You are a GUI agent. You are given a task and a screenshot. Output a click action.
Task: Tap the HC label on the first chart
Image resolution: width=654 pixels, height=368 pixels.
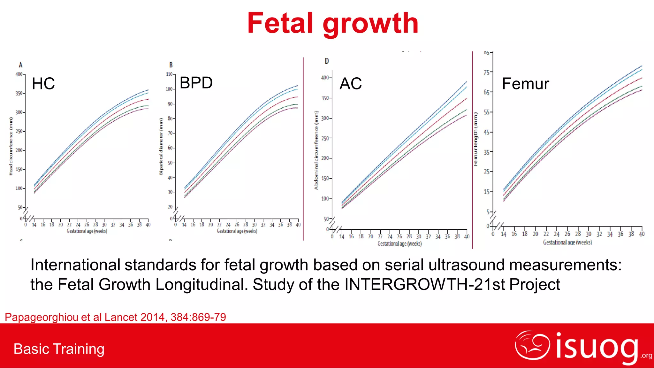(43, 84)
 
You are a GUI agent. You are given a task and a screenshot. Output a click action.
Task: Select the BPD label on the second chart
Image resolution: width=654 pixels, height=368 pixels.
(196, 83)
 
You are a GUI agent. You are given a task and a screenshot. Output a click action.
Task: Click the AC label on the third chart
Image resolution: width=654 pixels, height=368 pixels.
(351, 84)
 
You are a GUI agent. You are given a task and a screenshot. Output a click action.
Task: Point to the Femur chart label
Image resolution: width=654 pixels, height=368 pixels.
(525, 84)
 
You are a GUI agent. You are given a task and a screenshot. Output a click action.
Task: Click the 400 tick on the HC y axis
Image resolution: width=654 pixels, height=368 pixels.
(19, 74)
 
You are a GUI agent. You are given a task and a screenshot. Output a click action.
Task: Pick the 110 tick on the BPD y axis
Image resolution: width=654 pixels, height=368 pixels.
(169, 74)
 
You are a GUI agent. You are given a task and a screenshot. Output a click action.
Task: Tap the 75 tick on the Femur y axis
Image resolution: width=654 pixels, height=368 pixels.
(486, 73)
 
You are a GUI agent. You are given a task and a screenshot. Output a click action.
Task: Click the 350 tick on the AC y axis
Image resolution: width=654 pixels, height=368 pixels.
(325, 98)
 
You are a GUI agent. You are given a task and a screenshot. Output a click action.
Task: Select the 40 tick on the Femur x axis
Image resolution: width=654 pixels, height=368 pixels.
(642, 234)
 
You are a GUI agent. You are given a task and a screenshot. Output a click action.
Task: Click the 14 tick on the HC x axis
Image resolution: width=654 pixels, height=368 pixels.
(34, 225)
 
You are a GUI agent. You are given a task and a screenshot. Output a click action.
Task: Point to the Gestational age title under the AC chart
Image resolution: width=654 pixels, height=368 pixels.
(399, 244)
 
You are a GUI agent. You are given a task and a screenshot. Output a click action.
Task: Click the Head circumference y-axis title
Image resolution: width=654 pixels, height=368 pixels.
(11, 146)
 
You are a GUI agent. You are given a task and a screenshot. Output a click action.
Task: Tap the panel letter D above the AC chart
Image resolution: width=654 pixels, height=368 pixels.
(327, 61)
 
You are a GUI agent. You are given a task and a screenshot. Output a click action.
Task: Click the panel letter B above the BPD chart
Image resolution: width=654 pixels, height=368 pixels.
(171, 65)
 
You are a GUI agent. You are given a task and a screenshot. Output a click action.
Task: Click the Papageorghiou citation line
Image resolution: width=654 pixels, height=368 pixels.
(115, 317)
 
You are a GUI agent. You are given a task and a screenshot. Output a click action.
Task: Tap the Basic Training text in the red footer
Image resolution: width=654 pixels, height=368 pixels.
(59, 349)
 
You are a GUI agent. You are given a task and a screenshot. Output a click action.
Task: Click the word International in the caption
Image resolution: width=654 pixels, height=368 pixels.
(75, 265)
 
